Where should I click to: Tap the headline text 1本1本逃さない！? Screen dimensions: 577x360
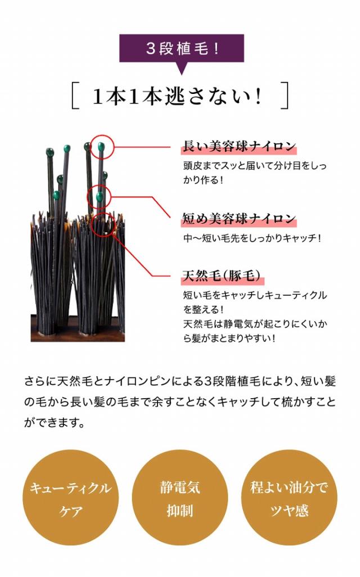[x=179, y=97]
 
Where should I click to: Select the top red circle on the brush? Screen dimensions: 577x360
[x=102, y=147]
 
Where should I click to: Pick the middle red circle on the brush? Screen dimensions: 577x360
[x=100, y=196]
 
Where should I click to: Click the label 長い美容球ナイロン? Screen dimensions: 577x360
[x=239, y=147]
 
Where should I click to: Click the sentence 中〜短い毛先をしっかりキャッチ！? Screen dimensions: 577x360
[x=252, y=238]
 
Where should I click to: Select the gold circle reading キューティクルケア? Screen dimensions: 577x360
[x=70, y=498]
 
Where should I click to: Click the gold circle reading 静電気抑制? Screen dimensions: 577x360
[x=180, y=498]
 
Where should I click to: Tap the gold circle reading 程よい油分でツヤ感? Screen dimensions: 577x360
[x=289, y=498]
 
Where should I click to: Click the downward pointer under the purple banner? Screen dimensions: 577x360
[x=181, y=70]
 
